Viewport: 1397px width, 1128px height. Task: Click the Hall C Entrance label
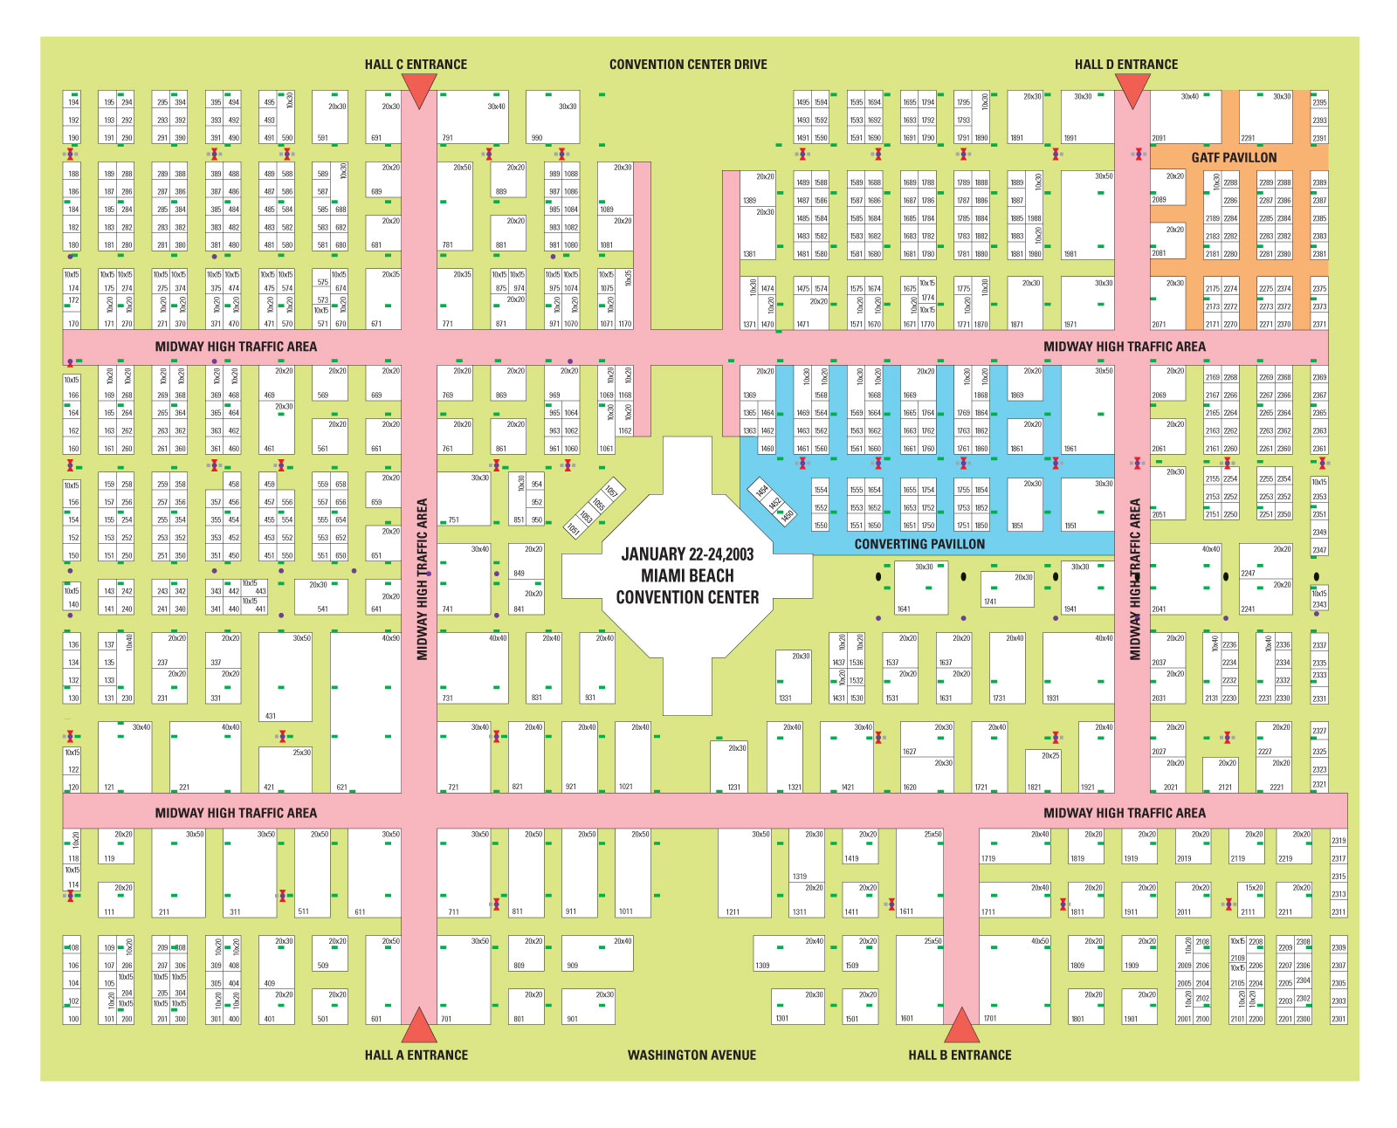tap(416, 65)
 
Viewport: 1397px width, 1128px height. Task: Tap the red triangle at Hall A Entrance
tap(419, 1027)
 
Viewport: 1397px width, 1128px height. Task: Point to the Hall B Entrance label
tap(960, 1055)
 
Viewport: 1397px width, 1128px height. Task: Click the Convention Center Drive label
tap(688, 65)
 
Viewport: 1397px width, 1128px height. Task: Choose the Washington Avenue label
tap(692, 1055)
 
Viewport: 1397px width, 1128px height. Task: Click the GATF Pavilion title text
tap(1234, 158)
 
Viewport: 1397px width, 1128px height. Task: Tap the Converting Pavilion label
tap(919, 544)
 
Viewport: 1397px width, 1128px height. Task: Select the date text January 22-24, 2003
tap(687, 554)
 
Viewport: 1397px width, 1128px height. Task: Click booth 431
tap(286, 677)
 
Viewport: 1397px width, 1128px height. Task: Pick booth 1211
tap(744, 873)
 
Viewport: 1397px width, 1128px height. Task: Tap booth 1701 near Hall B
tap(1015, 980)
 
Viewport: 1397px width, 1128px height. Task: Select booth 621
tap(366, 712)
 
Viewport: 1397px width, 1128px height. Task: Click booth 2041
tap(1185, 580)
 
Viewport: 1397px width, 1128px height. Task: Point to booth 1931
tap(1078, 668)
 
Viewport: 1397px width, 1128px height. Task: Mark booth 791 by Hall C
tap(472, 117)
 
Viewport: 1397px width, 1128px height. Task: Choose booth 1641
tap(920, 588)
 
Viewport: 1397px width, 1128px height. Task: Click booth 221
tap(205, 757)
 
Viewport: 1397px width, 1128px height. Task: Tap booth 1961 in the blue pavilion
tap(1087, 409)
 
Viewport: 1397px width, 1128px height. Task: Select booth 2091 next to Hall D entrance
tap(1185, 117)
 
